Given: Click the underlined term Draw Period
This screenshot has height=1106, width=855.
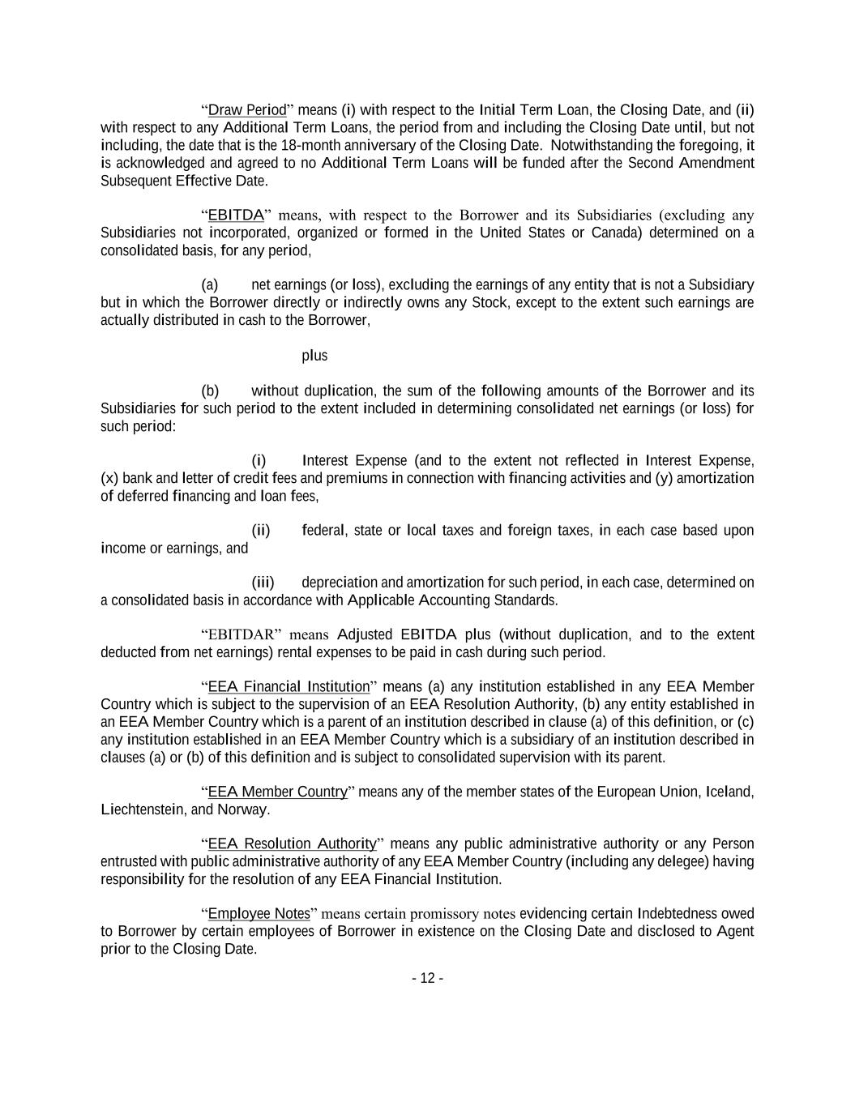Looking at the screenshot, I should click(247, 110).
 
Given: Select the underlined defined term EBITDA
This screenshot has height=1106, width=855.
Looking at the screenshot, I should click(236, 216).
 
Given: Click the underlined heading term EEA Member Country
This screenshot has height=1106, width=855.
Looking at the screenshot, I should click(277, 792).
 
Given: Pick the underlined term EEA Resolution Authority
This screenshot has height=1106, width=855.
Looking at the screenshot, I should click(292, 843).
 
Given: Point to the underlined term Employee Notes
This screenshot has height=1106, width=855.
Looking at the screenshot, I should click(259, 914).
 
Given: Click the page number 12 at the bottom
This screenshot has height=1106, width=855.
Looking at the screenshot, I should click(427, 979).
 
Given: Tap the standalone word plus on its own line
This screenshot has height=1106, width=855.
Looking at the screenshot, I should click(314, 356).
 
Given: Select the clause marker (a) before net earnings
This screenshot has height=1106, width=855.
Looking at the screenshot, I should click(210, 285).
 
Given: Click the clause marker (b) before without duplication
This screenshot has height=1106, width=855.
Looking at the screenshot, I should click(210, 391).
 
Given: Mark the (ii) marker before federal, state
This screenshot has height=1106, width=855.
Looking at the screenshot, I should click(260, 531).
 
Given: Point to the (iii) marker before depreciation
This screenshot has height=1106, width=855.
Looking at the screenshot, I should click(263, 583).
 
